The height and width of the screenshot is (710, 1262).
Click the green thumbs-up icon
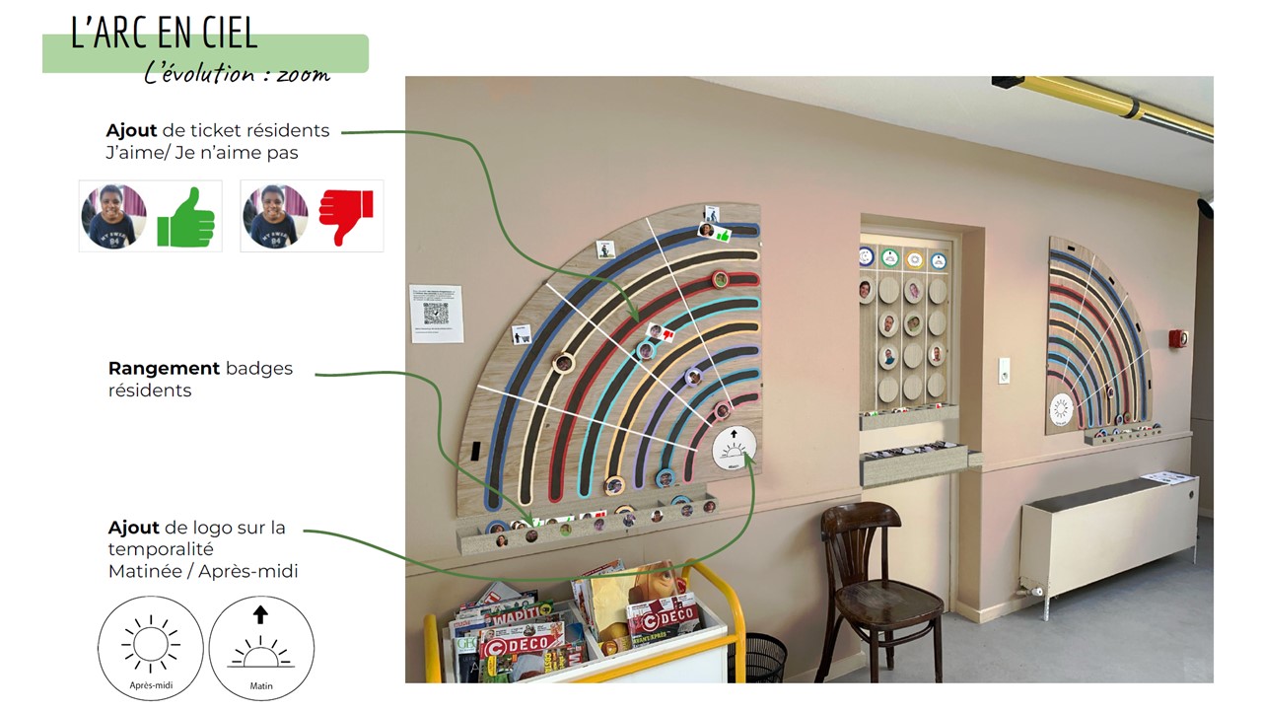tap(185, 217)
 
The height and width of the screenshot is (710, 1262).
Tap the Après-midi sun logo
tap(150, 647)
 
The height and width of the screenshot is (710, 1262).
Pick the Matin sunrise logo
tap(261, 647)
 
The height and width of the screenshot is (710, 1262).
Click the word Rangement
tap(164, 369)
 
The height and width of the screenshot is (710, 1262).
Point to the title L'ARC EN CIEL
tap(164, 34)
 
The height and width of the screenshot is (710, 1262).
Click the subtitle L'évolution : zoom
tap(237, 74)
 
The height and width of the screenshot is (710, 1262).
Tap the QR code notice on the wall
tap(436, 314)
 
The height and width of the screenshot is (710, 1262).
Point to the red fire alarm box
tap(1177, 338)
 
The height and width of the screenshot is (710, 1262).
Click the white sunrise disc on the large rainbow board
tap(735, 450)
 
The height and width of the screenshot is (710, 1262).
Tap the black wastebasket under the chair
tap(763, 656)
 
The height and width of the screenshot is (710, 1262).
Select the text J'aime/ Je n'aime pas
tap(202, 153)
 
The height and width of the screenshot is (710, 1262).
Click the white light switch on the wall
tap(1004, 370)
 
